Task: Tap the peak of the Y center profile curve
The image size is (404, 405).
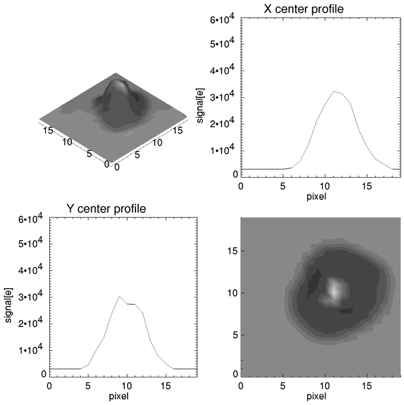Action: coord(119,296)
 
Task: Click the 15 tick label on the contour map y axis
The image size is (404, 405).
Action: coord(233,251)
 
